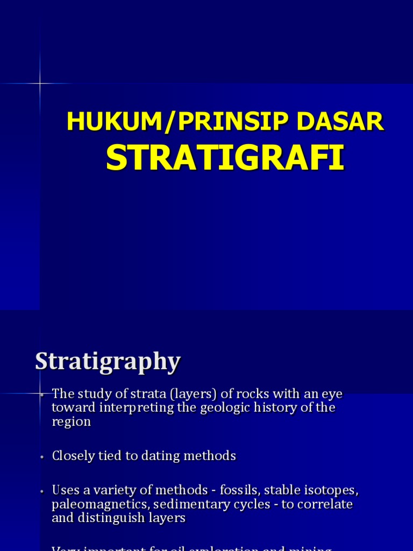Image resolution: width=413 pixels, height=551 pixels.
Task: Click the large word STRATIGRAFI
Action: [x=225, y=157]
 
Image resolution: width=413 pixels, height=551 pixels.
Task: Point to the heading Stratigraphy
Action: [x=108, y=362]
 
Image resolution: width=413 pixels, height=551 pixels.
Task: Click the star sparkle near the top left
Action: [x=40, y=83]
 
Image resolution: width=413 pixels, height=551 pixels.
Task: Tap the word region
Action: [x=72, y=421]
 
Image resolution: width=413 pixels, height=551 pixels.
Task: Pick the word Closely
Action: [x=73, y=456]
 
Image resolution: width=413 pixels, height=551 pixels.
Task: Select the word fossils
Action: [x=237, y=491]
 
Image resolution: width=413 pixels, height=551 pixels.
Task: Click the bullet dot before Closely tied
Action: [x=41, y=457]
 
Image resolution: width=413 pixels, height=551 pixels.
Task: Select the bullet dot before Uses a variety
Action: [x=41, y=491]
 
